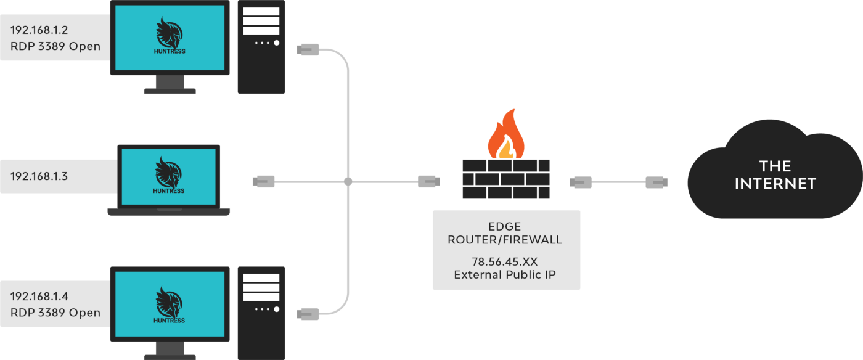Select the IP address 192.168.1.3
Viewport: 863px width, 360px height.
pos(39,176)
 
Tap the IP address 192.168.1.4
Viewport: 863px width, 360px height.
pos(39,297)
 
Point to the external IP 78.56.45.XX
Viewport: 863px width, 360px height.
pos(505,261)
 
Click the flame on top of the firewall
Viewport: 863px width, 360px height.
pos(505,137)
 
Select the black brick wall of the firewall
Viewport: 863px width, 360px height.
pos(505,179)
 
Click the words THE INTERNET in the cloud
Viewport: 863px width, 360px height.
pos(775,174)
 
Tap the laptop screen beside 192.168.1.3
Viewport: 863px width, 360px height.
pos(168,176)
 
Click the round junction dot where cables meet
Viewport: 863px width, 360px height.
pos(348,182)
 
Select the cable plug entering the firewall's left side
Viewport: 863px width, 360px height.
pos(429,181)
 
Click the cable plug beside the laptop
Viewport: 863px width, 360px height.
pos(264,181)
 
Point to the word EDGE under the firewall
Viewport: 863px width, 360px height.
pos(505,226)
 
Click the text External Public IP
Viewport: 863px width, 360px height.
pos(505,274)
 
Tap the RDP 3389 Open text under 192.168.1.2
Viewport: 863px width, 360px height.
pos(55,46)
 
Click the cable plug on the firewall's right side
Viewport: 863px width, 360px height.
pos(581,182)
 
